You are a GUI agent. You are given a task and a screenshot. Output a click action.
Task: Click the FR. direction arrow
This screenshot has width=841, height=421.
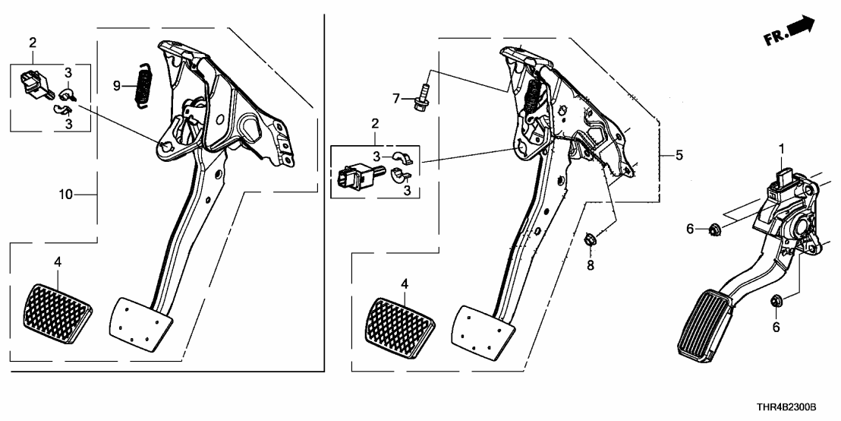click(x=792, y=32)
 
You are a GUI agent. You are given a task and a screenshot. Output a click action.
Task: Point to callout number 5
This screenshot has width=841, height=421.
click(x=679, y=155)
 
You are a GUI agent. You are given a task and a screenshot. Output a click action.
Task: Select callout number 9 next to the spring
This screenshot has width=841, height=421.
click(x=117, y=87)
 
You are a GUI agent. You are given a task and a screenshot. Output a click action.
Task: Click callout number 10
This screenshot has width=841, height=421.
click(x=66, y=195)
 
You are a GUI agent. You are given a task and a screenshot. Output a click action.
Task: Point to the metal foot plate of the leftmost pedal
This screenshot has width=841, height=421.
click(x=141, y=324)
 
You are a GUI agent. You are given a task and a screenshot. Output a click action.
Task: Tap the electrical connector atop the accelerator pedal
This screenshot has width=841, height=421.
click(x=782, y=181)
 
